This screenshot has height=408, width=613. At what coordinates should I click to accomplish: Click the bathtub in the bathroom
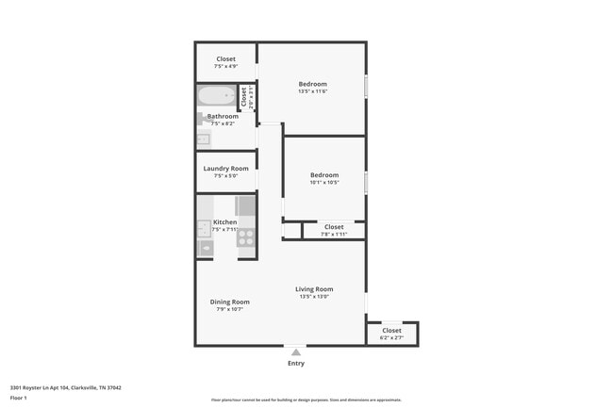[216, 96]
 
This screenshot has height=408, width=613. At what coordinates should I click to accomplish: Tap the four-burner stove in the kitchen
[245, 237]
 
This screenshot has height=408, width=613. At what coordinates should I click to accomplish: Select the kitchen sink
[204, 228]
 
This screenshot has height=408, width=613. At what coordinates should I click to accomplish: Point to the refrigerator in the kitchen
[245, 205]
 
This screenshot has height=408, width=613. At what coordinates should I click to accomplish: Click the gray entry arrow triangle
[295, 352]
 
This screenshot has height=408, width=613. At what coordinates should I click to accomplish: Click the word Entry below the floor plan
[295, 364]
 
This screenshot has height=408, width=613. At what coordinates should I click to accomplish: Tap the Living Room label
[314, 289]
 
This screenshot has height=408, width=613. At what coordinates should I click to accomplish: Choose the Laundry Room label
[225, 169]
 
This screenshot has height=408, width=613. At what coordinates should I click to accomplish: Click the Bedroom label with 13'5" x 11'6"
[312, 84]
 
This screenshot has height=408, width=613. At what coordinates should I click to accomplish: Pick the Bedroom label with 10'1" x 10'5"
[324, 175]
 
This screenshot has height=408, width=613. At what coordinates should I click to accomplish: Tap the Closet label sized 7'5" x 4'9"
[225, 59]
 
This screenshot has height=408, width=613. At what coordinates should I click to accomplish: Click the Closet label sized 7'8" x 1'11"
[334, 227]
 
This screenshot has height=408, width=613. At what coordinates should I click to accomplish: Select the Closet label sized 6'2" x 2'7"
[391, 331]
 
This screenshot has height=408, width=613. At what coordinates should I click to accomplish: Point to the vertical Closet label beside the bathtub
[243, 96]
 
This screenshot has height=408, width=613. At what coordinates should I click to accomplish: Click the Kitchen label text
[225, 222]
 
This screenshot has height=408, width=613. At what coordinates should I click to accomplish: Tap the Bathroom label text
[224, 117]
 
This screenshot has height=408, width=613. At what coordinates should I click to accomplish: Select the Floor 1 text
[19, 399]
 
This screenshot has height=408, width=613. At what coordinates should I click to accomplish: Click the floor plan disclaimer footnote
[306, 400]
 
